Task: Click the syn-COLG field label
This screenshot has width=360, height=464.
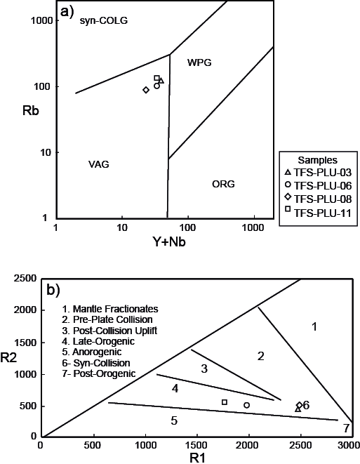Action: [104, 21]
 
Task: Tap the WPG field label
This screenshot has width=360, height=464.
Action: [199, 62]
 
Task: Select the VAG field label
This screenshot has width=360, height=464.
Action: [99, 164]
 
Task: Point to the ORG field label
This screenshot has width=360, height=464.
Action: [223, 184]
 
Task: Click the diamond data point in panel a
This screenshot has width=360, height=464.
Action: [146, 90]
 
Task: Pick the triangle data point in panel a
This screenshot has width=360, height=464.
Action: [161, 81]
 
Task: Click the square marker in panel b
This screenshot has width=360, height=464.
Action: [225, 402]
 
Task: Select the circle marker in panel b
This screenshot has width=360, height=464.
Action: [247, 405]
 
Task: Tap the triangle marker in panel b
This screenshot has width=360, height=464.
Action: [298, 409]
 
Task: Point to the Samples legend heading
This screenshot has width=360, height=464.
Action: [317, 160]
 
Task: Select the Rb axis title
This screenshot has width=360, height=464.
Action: [31, 111]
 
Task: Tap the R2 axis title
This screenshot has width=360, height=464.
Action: [8, 359]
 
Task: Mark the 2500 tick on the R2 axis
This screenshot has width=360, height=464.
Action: [25, 279]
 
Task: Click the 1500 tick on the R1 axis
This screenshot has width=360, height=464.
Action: [198, 445]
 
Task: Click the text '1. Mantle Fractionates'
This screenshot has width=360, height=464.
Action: [110, 309]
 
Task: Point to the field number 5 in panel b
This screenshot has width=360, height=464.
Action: [174, 420]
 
